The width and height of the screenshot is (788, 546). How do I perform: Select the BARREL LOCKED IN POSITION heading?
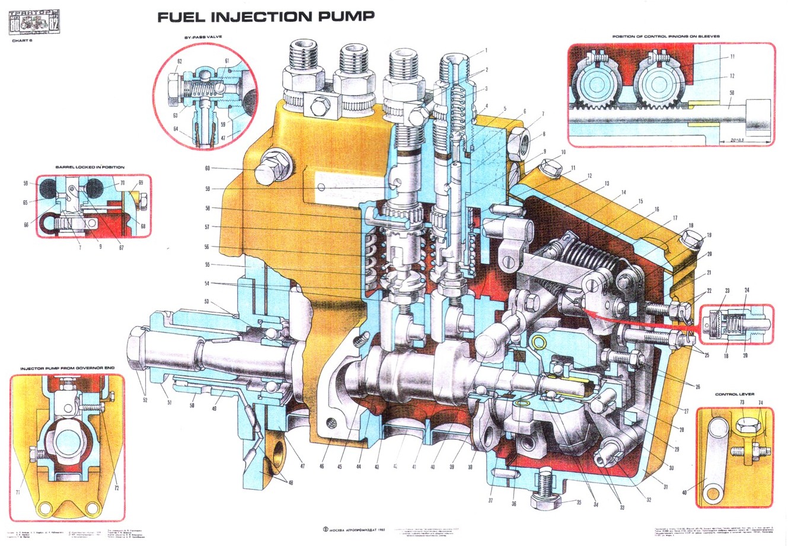[x=90, y=167]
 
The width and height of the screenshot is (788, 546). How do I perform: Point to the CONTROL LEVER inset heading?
[x=735, y=394]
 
